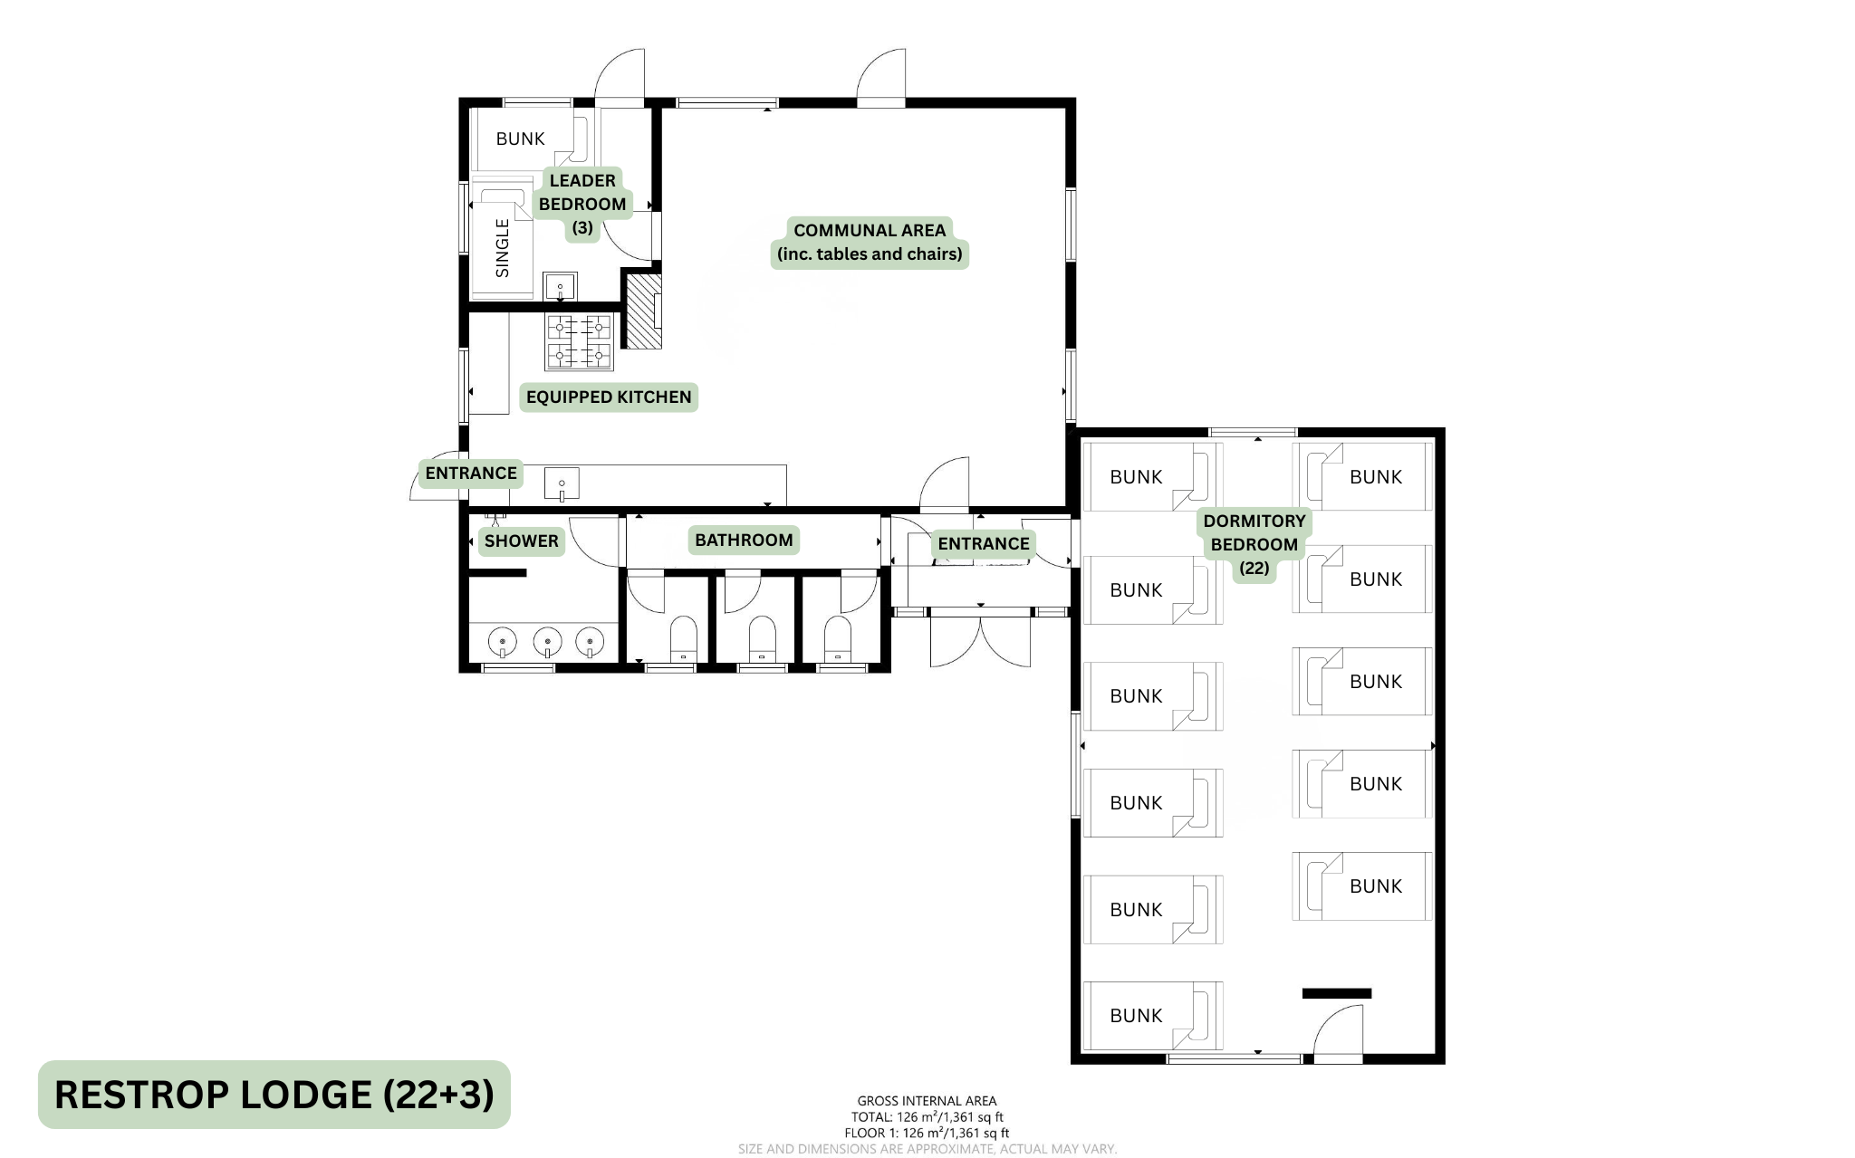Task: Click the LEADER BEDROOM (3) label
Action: [582, 204]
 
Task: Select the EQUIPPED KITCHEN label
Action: [609, 397]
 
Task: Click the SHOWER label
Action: [521, 541]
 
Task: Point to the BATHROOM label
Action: [744, 540]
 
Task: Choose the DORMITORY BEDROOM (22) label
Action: [1254, 544]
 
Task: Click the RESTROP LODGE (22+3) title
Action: [274, 1095]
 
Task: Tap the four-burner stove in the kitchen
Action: [579, 341]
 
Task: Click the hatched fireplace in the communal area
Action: [645, 311]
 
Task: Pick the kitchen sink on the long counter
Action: [562, 483]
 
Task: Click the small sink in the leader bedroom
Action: [560, 287]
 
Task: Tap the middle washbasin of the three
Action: [547, 643]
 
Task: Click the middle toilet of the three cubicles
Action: [763, 639]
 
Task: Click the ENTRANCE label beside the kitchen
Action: [471, 473]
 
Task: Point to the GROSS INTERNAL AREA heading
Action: [927, 1101]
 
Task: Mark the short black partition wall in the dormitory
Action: [1337, 993]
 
